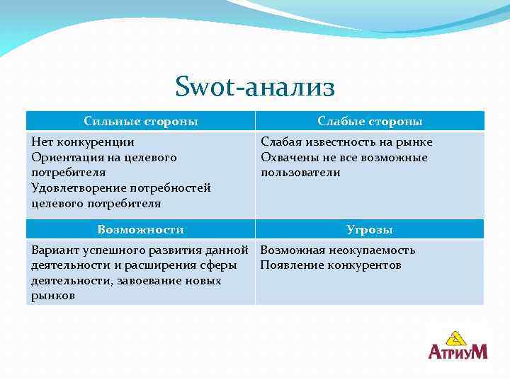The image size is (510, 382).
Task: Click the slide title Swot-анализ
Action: (255, 88)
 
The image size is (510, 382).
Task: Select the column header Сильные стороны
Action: (140, 121)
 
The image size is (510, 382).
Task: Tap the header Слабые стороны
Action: (370, 121)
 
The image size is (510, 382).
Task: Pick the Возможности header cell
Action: (140, 229)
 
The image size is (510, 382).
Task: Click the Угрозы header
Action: (370, 229)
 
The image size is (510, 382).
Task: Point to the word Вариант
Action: (55, 250)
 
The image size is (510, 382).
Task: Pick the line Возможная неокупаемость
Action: (338, 250)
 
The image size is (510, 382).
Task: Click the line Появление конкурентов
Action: (331, 265)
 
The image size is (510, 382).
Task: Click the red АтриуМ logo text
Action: (458, 351)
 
